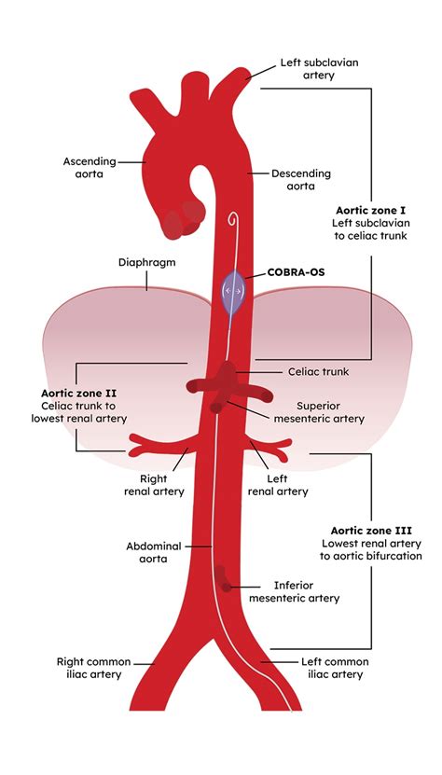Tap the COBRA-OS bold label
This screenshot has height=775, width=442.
click(297, 272)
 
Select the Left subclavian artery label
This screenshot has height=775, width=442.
click(320, 69)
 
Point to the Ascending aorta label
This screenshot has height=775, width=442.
click(90, 168)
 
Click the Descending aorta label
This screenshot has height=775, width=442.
click(300, 180)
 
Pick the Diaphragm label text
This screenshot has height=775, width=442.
click(146, 262)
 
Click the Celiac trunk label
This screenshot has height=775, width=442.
click(318, 371)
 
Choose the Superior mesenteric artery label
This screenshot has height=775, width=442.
click(319, 413)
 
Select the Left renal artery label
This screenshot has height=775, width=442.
click(277, 485)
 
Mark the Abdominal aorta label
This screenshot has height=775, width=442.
click(154, 553)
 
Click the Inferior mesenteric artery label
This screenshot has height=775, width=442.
click(294, 591)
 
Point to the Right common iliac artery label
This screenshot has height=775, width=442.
click(94, 668)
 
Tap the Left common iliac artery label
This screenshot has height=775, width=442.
click(335, 668)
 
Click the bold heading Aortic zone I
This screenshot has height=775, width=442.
click(371, 210)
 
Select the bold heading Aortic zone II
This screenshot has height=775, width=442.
click(79, 394)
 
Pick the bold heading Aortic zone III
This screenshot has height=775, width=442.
click(371, 531)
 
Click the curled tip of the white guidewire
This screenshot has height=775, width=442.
click(232, 218)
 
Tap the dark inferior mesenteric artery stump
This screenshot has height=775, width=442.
click(223, 580)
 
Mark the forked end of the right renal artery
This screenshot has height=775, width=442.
click(137, 445)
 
